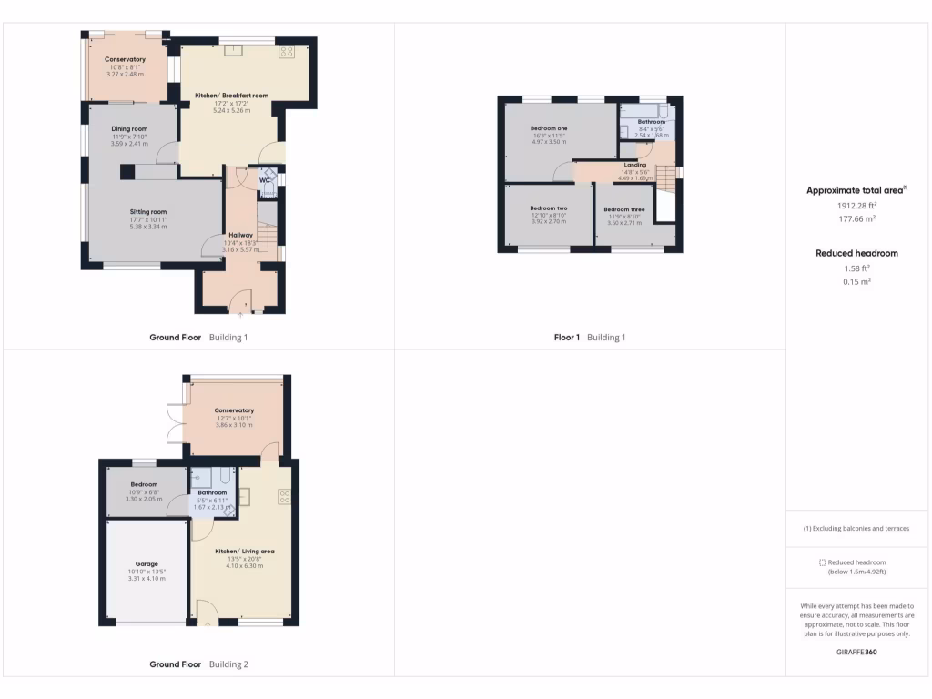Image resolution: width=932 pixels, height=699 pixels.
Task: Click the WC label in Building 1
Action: click(264, 180)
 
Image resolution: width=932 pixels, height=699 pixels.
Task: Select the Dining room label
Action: click(129, 129)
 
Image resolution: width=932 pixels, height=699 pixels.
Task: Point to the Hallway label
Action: click(240, 235)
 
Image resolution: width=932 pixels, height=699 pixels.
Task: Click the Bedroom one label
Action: click(549, 128)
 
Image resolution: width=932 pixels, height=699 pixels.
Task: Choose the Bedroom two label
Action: click(548, 208)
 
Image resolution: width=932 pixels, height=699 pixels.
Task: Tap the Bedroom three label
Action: click(623, 209)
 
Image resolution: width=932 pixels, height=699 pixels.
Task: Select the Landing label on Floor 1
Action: click(635, 165)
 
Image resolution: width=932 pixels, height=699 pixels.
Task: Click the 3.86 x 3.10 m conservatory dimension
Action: click(234, 425)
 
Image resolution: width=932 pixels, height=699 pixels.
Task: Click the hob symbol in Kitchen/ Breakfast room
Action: click(286, 51)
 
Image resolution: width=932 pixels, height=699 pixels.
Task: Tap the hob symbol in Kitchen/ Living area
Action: click(284, 496)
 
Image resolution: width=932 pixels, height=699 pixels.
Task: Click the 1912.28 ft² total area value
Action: click(856, 206)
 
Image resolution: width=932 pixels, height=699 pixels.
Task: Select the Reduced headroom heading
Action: click(856, 253)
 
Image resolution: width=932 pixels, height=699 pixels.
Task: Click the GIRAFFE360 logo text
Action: click(856, 652)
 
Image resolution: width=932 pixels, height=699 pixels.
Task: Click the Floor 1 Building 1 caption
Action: click(590, 338)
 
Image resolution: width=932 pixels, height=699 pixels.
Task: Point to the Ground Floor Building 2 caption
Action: click(198, 664)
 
